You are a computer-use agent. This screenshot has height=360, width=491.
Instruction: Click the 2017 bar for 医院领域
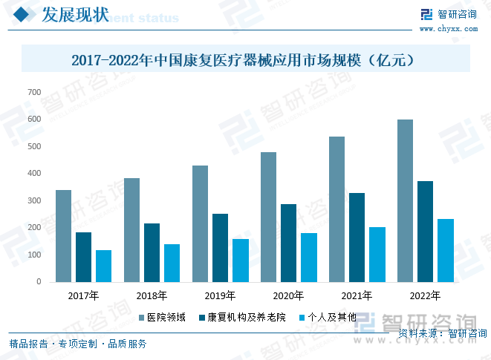(x=63, y=236)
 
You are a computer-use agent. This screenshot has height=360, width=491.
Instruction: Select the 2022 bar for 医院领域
(x=405, y=200)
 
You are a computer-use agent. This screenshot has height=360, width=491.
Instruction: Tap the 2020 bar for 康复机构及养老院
(x=288, y=243)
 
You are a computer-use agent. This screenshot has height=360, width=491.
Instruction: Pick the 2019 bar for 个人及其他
(x=240, y=260)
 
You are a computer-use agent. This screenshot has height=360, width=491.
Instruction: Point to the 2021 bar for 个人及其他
(x=377, y=254)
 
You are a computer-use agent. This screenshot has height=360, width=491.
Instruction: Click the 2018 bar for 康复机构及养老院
(x=152, y=252)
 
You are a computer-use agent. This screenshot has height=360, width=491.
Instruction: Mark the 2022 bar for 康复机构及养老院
(x=425, y=231)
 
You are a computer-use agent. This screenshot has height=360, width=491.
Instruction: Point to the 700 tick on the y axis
(x=34, y=92)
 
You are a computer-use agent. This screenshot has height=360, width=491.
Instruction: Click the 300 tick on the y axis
(x=34, y=200)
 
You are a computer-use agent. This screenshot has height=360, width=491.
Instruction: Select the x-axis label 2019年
(x=220, y=295)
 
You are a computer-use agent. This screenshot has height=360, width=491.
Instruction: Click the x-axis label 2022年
(x=425, y=295)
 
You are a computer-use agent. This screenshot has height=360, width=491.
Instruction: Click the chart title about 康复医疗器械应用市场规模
(x=245, y=59)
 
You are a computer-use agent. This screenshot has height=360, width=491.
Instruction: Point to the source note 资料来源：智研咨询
(x=443, y=333)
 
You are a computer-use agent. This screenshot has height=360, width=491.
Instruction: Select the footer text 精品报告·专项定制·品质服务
(x=78, y=344)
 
